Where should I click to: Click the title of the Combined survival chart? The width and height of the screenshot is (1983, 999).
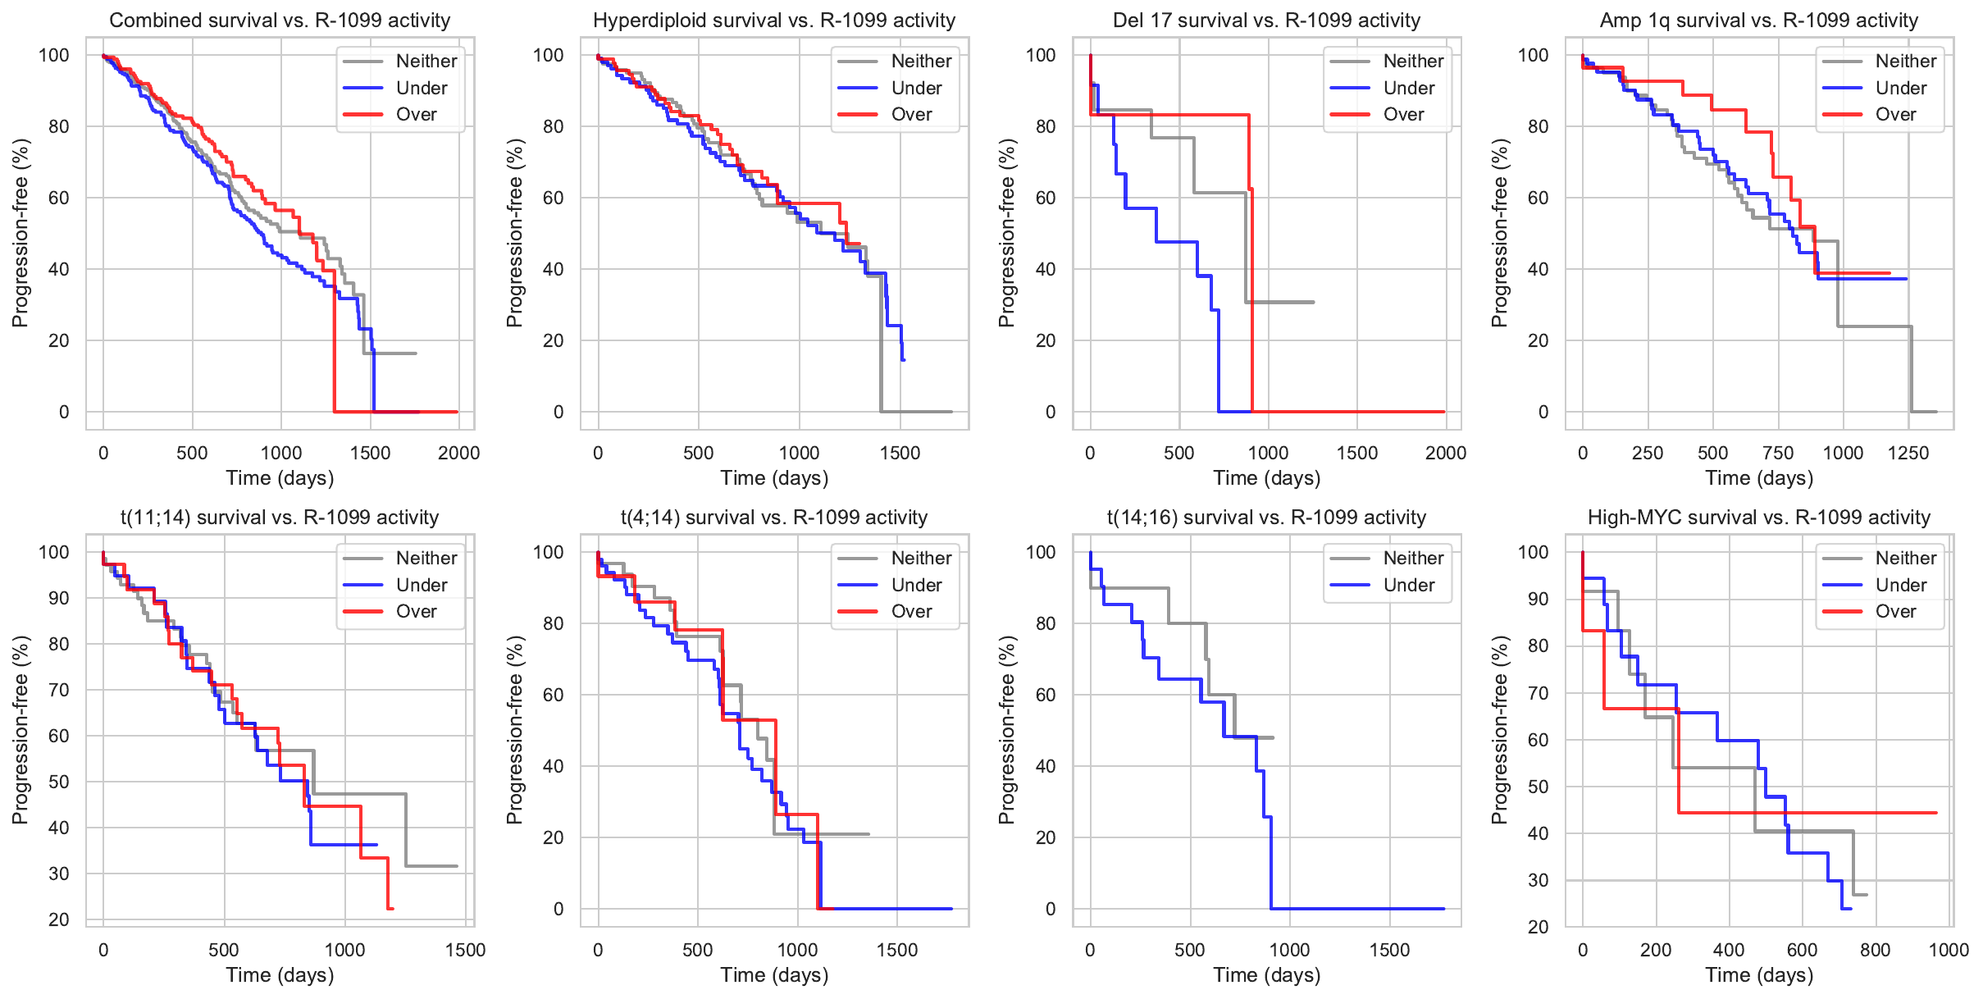(x=280, y=21)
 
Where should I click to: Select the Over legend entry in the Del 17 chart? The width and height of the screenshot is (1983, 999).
(x=1403, y=115)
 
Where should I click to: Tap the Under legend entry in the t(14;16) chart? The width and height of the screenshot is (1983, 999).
(x=1408, y=586)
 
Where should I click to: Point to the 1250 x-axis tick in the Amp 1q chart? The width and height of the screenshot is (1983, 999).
(x=1908, y=453)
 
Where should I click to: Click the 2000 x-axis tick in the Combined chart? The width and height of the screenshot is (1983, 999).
(x=459, y=453)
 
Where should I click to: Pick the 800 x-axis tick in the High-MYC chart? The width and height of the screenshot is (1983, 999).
(x=1876, y=950)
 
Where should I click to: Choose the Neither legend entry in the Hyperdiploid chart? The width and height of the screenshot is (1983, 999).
(x=921, y=62)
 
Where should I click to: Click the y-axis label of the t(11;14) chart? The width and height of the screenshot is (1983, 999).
(x=21, y=730)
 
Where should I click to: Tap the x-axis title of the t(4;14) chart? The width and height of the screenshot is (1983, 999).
(x=774, y=975)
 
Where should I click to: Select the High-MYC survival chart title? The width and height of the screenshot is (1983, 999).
(x=1759, y=518)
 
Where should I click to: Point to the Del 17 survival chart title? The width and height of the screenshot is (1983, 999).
(x=1266, y=21)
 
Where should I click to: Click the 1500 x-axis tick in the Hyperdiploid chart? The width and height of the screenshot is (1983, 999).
(x=900, y=453)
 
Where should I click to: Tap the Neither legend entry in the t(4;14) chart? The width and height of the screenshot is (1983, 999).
(x=921, y=559)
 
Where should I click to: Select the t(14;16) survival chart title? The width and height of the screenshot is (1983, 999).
(x=1266, y=518)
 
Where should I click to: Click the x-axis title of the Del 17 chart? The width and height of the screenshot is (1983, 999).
(x=1266, y=478)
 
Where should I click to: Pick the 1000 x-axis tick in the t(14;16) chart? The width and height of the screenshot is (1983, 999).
(x=1290, y=950)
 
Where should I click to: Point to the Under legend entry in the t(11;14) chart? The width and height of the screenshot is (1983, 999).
(x=422, y=586)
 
